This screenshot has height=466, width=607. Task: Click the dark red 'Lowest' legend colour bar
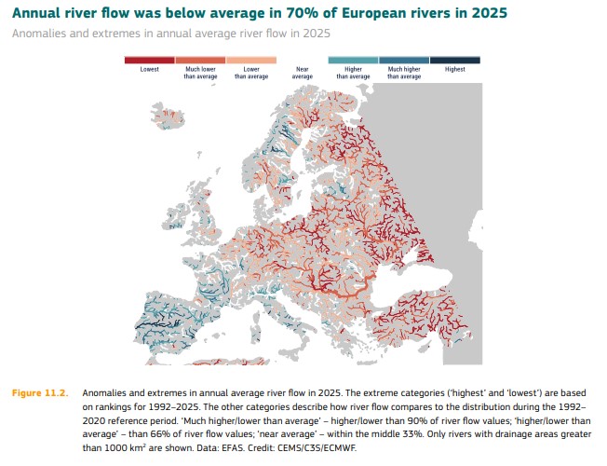(150, 60)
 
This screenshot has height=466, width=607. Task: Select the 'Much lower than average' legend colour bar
(200, 60)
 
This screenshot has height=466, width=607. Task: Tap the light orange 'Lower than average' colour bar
(251, 60)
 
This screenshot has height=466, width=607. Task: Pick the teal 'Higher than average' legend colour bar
(353, 60)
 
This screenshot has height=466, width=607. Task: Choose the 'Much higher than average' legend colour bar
(404, 60)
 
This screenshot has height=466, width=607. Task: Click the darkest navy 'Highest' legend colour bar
(455, 60)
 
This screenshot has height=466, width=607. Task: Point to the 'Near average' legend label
(303, 73)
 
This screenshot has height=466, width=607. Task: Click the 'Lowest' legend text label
(150, 69)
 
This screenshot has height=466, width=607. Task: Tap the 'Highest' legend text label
(455, 69)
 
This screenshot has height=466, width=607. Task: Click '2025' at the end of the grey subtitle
(317, 34)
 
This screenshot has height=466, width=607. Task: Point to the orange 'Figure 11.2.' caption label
(40, 393)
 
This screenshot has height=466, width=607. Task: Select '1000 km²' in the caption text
(125, 448)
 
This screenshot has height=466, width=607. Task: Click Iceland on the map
(168, 116)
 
